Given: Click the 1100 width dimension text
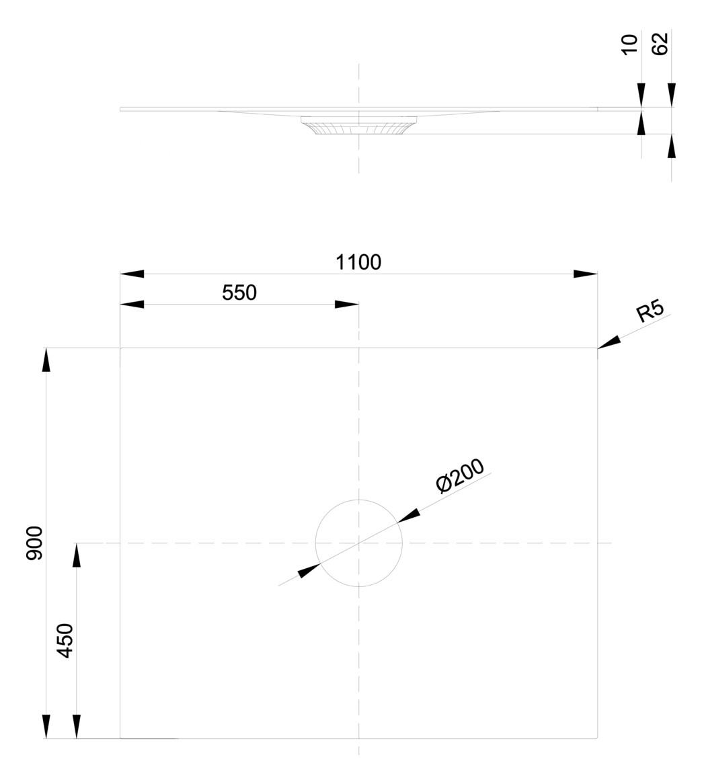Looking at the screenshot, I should pos(358,262).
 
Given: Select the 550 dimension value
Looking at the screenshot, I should pos(239,292).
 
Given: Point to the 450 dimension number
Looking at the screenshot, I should pos(65,640).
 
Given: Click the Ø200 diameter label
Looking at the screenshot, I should pos(460,477).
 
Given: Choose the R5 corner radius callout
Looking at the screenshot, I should pos(650,311).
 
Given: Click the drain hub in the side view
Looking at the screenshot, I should pos(358,126).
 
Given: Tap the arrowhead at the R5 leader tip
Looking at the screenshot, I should pos(609,343).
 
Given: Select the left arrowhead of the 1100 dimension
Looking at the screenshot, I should pos(132,274).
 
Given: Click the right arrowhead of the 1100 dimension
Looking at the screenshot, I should pos(585,274).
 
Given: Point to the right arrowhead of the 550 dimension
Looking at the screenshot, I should pos(346,305).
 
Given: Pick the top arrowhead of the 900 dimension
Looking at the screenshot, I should pos(46,360).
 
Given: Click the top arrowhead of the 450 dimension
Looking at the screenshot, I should pos(77,555).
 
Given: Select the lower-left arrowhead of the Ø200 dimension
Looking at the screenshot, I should pos(309,571).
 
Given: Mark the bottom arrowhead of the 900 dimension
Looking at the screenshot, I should pos(46,726).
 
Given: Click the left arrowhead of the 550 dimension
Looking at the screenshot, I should pos(132,305).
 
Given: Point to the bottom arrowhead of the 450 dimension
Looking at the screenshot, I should pos(77,726).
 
